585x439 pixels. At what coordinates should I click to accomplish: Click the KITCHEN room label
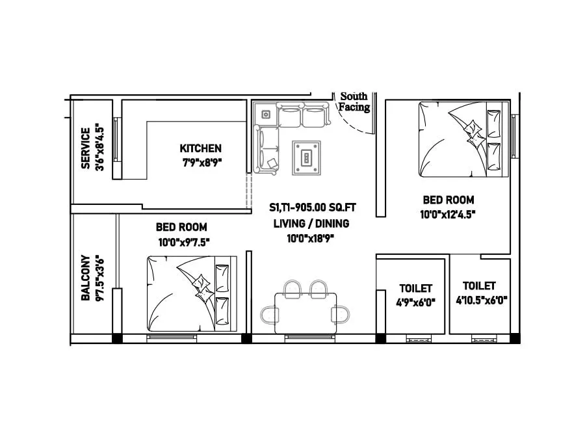(200, 148)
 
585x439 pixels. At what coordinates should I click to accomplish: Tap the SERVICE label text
(85, 148)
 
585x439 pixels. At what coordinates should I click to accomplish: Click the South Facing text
(354, 101)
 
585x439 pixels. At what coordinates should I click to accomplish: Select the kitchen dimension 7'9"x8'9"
(201, 163)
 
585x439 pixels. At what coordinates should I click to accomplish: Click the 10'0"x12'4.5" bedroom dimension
(448, 215)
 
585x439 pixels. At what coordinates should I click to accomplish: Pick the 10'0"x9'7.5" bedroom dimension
(182, 242)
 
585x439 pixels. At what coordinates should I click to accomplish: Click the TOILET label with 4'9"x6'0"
(415, 288)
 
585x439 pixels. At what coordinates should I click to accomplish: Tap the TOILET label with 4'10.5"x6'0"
(480, 286)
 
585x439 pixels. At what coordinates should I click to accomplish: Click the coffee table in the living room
(305, 157)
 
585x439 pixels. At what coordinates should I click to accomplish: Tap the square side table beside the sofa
(266, 114)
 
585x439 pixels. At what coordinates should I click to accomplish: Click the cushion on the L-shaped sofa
(272, 163)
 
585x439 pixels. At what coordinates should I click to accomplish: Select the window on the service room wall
(116, 138)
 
